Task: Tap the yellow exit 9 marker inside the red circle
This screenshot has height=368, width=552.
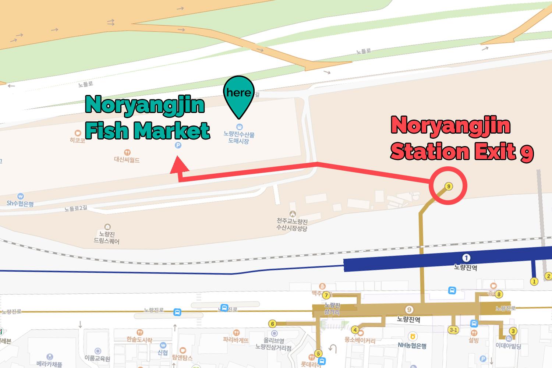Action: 448,186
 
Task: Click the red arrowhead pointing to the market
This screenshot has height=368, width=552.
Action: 179,164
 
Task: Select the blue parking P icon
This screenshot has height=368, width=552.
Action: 178,146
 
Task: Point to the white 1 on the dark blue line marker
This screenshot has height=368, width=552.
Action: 466,258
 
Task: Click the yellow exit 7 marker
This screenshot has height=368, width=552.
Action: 326,295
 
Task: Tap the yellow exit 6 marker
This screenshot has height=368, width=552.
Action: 272,324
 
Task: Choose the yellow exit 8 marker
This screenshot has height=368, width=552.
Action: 499,294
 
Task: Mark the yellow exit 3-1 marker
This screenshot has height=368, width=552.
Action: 453,330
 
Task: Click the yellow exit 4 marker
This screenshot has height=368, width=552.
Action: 355,330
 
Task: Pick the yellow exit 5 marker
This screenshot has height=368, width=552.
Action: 318,354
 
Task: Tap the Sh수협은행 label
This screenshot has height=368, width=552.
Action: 20,204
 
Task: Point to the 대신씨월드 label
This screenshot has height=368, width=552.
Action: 127,160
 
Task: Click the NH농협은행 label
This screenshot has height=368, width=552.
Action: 412,346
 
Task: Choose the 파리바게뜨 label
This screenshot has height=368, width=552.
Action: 236,340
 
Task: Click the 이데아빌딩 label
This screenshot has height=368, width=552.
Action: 508,346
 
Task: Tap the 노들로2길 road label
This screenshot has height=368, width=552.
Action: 76,209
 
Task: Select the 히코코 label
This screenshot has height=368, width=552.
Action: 77,140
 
